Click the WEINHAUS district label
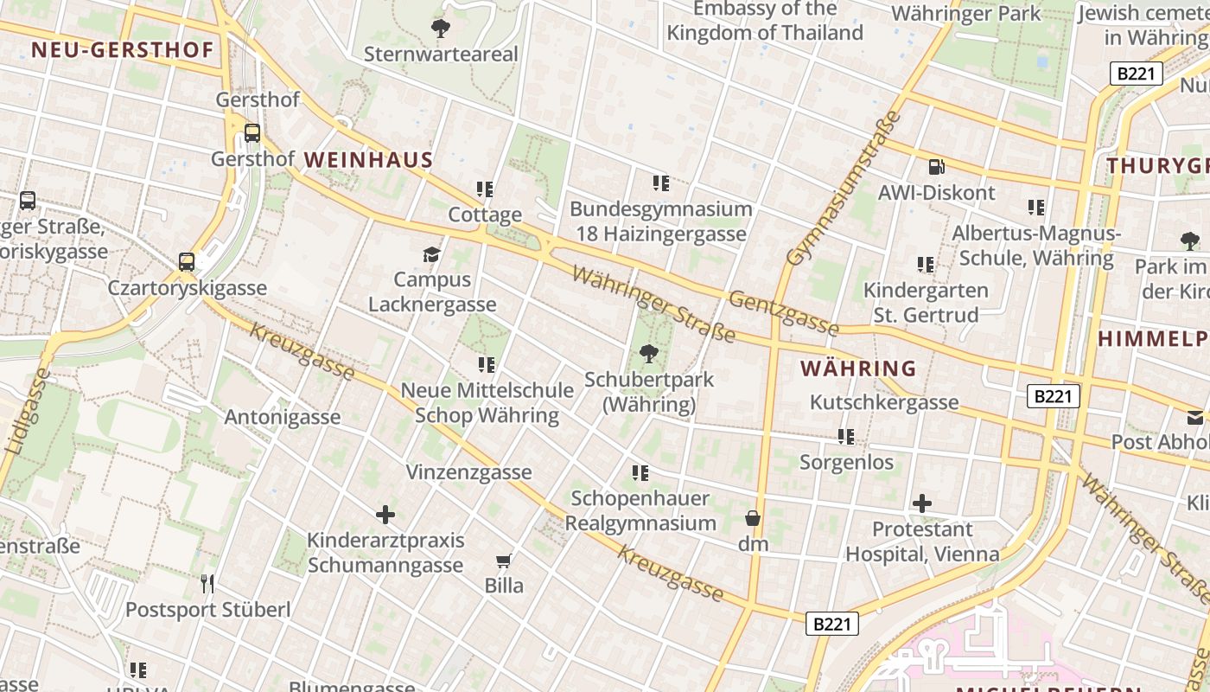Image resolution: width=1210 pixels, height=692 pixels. (x=368, y=160)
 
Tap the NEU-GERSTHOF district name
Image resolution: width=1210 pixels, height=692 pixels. (x=122, y=50)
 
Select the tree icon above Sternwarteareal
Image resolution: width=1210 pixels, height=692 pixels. (x=441, y=29)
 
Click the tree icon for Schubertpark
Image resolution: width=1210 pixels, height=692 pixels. (x=648, y=354)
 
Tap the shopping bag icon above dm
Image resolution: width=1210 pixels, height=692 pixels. (x=753, y=518)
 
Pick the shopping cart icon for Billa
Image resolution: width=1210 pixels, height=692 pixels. (x=504, y=561)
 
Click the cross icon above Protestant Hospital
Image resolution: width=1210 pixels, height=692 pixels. (x=922, y=503)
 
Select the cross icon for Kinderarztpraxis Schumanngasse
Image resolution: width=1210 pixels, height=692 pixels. (x=385, y=515)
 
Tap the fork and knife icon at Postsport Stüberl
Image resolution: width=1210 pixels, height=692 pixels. (x=207, y=584)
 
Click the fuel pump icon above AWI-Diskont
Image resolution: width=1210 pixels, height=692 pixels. (x=937, y=167)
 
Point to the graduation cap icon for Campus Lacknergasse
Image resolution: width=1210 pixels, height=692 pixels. (x=431, y=254)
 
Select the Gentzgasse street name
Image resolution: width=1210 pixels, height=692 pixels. (x=784, y=313)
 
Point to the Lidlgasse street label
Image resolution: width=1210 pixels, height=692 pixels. (x=26, y=412)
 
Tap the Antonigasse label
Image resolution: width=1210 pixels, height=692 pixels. (x=283, y=417)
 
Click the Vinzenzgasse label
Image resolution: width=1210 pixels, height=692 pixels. (x=468, y=472)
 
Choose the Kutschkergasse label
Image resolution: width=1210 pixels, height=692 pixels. (x=884, y=402)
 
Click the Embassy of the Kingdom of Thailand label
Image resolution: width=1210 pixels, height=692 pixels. (x=765, y=21)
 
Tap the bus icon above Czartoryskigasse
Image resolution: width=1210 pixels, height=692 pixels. (x=187, y=262)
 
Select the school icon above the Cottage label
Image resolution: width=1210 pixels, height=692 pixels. (x=485, y=189)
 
